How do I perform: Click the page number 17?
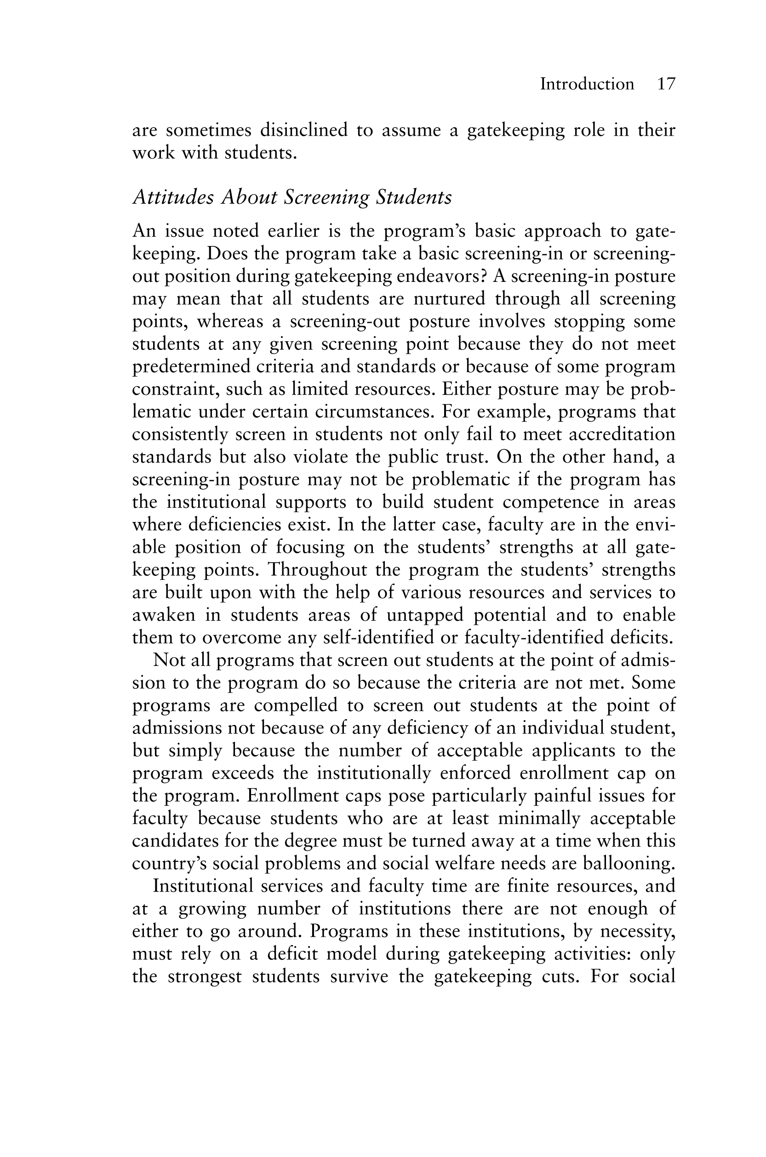tap(666, 84)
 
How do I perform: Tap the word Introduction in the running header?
tap(587, 84)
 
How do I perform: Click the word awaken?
tap(164, 615)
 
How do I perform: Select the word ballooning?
tap(629, 863)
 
